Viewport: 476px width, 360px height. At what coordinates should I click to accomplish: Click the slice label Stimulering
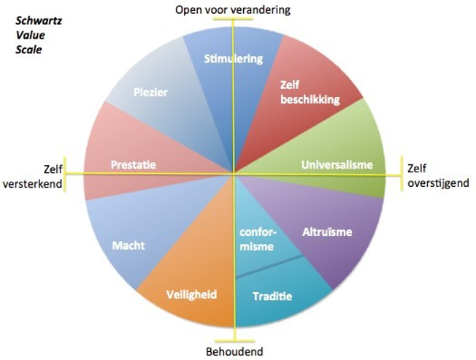234,58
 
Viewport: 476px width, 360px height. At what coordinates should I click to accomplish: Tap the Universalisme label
337,165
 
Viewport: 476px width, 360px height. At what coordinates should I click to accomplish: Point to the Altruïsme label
327,232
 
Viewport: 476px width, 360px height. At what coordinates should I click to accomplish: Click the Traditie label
272,296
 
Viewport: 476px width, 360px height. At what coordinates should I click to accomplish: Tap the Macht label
128,246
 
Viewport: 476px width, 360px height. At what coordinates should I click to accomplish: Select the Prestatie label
133,165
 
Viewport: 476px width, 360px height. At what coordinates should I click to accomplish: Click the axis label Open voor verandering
233,9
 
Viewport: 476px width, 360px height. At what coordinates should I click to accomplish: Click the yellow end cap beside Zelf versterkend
65,174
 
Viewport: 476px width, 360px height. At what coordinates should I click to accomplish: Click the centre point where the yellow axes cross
234,174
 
